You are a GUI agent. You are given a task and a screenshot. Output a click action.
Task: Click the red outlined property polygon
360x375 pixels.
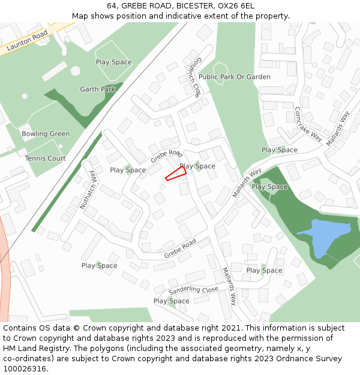[176, 173]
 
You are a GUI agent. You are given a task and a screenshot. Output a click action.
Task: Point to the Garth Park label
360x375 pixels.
[98, 89]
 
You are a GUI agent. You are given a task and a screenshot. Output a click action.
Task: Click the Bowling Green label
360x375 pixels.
[46, 134]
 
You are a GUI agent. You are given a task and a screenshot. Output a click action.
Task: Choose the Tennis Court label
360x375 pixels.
[46, 158]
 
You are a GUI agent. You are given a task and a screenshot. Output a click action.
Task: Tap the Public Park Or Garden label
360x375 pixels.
[235, 77]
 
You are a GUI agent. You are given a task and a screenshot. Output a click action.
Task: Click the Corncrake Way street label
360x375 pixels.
[308, 124]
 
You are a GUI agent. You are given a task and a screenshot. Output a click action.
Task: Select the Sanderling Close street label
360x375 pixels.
[193, 290]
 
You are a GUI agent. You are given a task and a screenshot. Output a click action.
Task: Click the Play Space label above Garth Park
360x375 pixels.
[114, 62]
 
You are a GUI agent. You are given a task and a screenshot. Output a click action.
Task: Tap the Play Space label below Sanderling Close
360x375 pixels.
[172, 301]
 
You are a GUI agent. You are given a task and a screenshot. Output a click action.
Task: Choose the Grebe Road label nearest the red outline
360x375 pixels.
[166, 157]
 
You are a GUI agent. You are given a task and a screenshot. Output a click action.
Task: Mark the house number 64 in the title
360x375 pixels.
[112, 5]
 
